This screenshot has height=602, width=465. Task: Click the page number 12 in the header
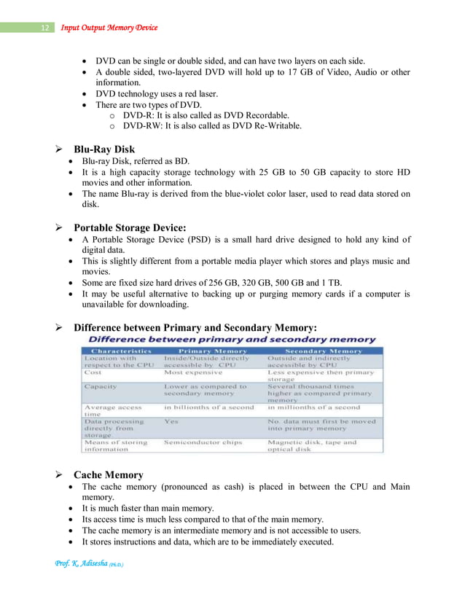point(44,28)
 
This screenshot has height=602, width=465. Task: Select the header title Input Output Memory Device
point(109,28)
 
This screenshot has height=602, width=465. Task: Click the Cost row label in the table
point(93,372)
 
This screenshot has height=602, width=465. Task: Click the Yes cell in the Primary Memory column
point(171,421)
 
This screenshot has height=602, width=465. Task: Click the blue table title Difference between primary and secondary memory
point(232,340)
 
